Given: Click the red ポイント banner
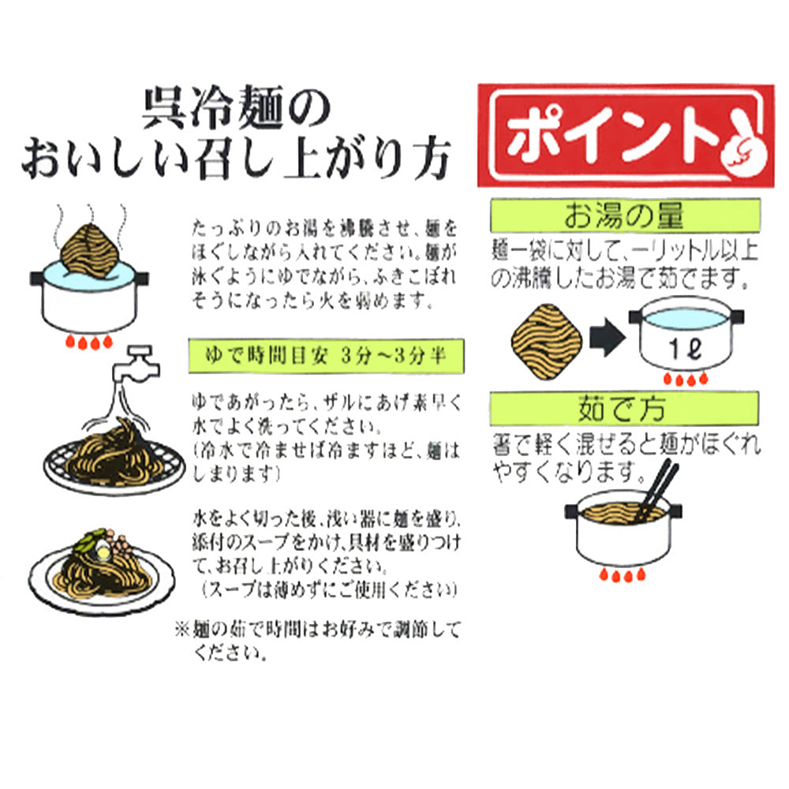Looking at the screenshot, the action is (x=626, y=136).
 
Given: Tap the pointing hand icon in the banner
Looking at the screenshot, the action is (x=743, y=144).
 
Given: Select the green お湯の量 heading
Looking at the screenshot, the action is (x=625, y=215).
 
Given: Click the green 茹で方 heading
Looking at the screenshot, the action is (x=624, y=409).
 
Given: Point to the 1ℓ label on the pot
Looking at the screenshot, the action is (x=686, y=348).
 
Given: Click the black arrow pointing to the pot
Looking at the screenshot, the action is (x=608, y=337).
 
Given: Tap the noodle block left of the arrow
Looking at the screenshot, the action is (x=547, y=341).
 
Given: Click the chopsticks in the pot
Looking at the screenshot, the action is (x=656, y=491).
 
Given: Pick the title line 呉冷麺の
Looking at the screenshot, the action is (x=237, y=107).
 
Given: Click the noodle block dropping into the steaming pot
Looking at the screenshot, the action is (x=90, y=251).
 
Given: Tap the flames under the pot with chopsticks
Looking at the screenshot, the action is (x=622, y=574).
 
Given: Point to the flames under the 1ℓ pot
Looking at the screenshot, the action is (x=686, y=379).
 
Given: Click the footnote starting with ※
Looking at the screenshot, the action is (x=318, y=641).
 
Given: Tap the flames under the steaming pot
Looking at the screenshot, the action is (x=89, y=342).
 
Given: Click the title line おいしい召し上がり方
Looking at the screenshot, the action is (x=236, y=158).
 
